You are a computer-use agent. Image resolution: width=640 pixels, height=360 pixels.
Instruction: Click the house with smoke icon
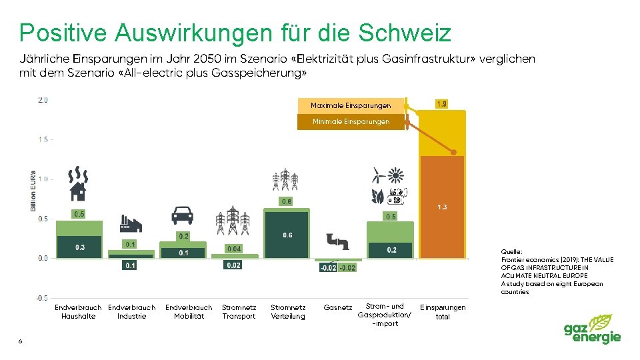78,184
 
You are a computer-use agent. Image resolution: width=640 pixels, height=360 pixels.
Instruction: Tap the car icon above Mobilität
182,215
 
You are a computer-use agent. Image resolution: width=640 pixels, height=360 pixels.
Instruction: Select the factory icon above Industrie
131,223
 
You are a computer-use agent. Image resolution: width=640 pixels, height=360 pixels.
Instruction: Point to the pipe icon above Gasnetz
338,241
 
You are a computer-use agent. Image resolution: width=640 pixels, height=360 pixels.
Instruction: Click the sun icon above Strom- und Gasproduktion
395,176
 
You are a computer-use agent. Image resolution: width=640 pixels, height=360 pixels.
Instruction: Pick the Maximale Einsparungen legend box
351,105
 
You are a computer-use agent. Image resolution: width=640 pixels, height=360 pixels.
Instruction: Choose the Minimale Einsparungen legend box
351,121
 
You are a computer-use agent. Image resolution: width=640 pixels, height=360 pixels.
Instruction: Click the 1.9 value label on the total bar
441,104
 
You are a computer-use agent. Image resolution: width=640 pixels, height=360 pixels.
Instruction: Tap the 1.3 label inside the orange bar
442,207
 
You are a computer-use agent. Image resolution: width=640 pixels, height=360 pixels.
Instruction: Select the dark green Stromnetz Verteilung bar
286,235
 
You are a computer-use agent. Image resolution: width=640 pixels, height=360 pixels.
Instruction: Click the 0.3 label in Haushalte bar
80,247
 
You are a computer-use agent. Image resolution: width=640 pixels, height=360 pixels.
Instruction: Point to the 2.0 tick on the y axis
43,100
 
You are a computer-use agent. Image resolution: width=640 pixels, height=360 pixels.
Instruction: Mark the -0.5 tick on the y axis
42,299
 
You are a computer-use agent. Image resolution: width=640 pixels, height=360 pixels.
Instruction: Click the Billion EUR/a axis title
33,191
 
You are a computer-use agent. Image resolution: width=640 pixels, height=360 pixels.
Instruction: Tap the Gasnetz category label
337,307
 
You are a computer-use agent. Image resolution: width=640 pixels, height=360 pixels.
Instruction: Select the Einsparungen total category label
443,312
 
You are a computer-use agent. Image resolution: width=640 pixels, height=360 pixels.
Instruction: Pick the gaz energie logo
592,329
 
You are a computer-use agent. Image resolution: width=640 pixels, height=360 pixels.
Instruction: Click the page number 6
21,341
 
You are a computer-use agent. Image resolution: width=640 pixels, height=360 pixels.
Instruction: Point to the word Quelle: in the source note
511,252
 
